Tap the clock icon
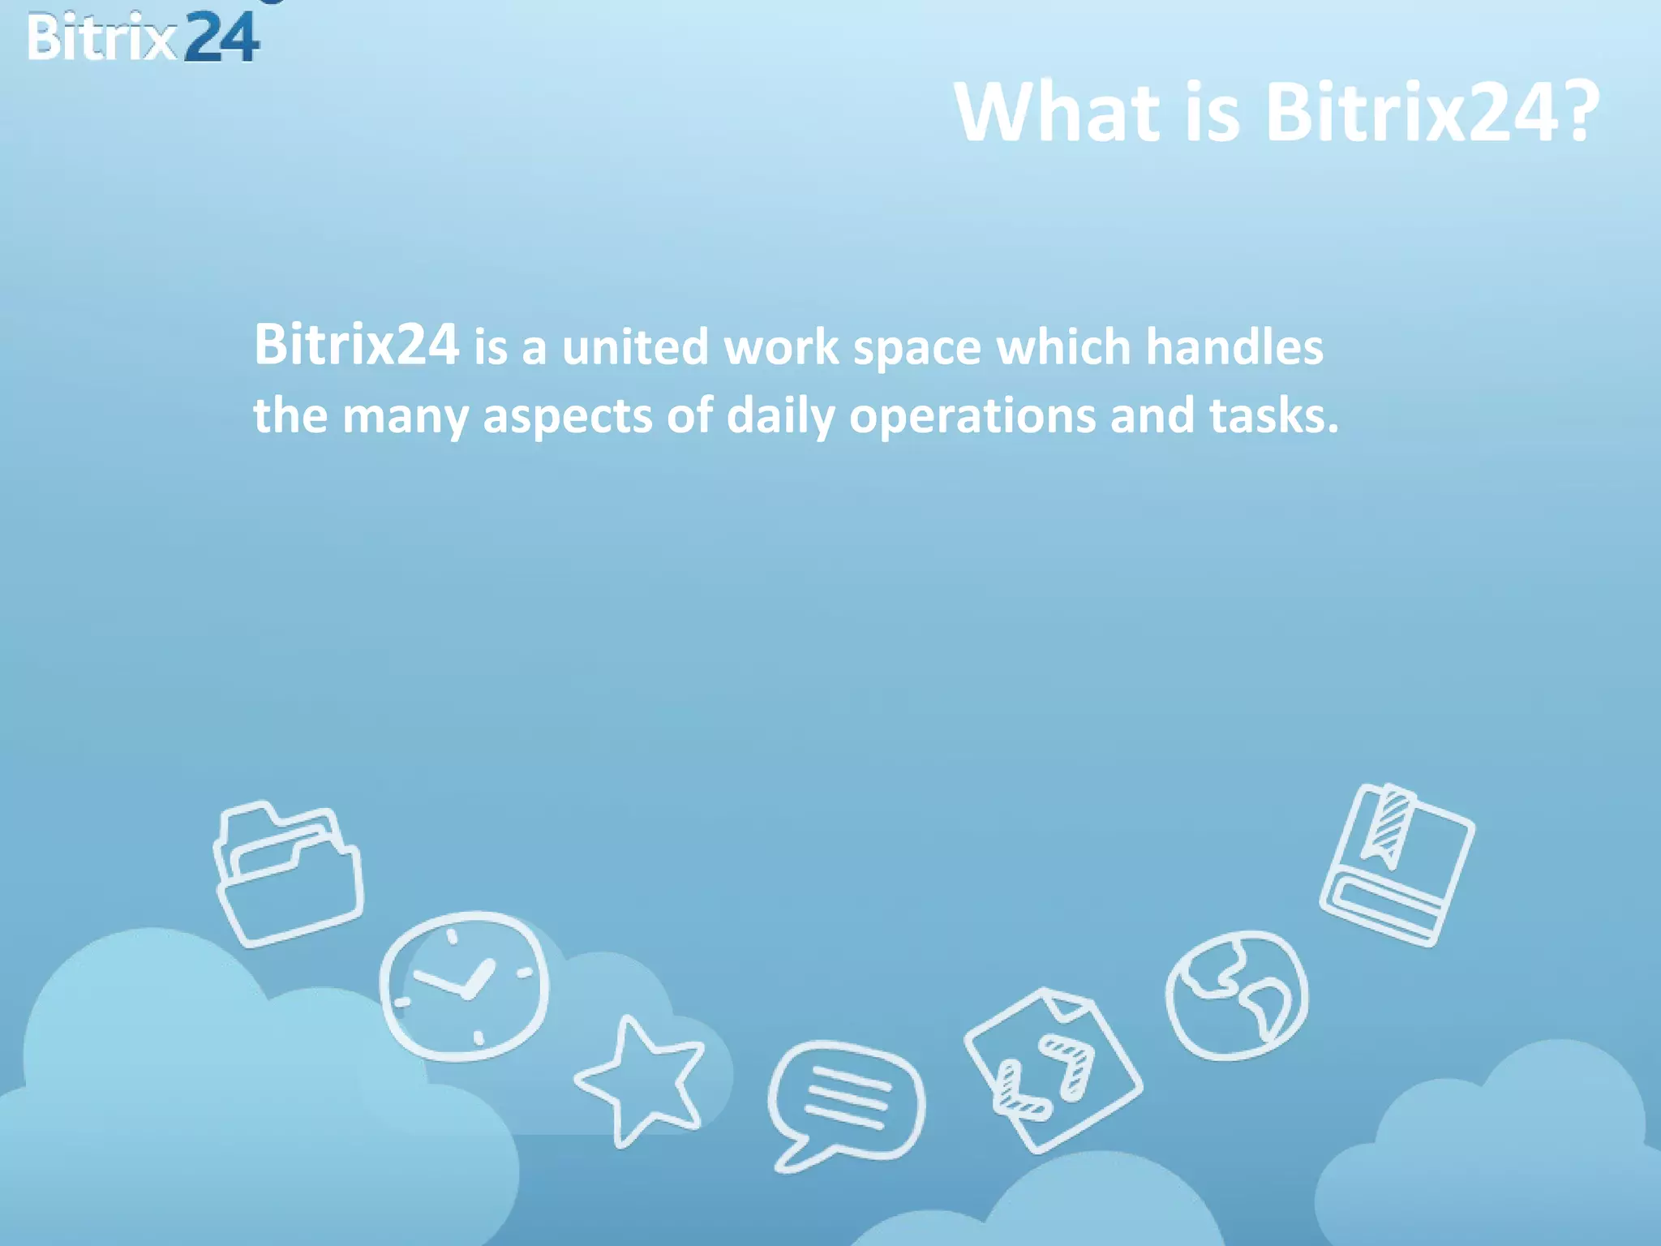tap(464, 985)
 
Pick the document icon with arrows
tap(1053, 1071)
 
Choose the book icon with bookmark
tap(1397, 865)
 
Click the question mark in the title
tap(1577, 114)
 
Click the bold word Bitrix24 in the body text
tap(356, 344)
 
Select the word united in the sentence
tap(635, 347)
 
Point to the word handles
tap(1234, 347)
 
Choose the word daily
tap(780, 416)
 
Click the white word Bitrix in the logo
tap(101, 37)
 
